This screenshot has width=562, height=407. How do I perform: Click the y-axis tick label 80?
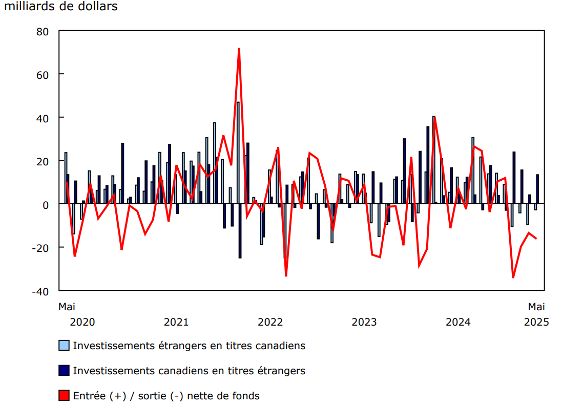43,31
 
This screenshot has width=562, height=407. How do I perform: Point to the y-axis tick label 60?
43,75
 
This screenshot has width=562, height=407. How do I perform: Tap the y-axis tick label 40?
43,118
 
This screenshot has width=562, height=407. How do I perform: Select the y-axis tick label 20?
43,161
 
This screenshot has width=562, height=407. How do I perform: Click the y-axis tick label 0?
46,204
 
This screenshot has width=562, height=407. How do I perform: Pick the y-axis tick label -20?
40,248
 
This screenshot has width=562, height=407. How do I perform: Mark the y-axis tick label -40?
40,291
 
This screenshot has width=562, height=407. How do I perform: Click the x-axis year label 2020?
82,322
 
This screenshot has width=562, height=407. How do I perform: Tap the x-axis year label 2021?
176,322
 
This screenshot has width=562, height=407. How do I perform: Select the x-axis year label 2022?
270,322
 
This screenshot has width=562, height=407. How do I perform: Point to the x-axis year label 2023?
364,322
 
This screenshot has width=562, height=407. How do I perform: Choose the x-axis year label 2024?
458,322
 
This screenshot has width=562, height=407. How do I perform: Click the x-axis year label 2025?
536,322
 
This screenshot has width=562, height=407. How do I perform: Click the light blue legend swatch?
64,346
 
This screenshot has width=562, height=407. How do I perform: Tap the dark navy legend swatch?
64,371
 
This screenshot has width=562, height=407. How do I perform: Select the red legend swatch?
64,396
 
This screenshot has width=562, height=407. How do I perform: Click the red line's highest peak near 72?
239,49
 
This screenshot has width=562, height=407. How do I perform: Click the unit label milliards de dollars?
61,7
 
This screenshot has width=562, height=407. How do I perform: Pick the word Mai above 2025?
536,307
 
